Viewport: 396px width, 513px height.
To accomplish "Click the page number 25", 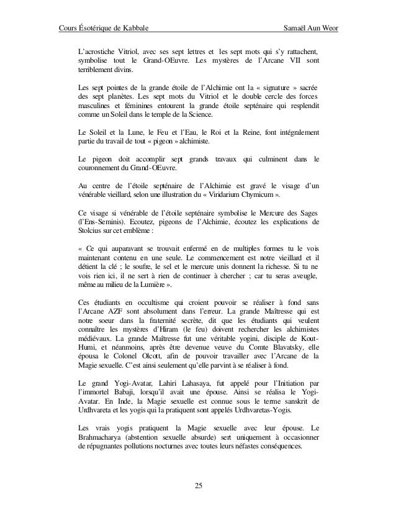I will (x=197, y=485).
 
